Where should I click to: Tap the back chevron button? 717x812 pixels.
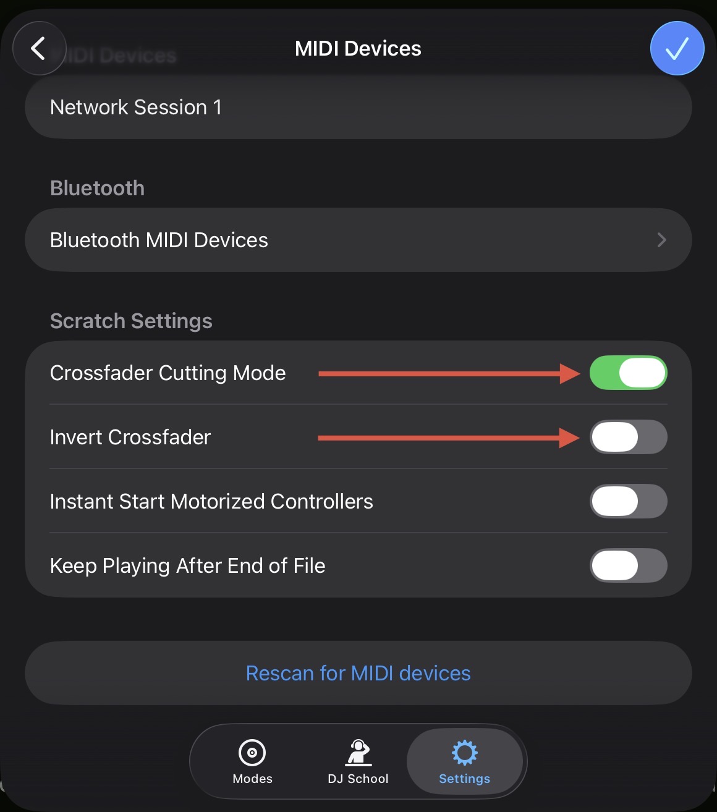[40, 48]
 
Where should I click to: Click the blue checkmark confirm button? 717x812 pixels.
[677, 48]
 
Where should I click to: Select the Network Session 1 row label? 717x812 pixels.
[135, 108]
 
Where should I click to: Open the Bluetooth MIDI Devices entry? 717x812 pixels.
[159, 240]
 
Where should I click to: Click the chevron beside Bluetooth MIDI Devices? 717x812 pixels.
[661, 240]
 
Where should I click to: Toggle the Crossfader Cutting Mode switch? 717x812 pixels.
[629, 373]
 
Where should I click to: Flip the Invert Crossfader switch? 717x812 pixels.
[629, 437]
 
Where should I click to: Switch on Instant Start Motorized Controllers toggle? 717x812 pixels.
[629, 501]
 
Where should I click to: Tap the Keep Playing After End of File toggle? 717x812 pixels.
[629, 565]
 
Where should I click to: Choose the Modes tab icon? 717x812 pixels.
[252, 753]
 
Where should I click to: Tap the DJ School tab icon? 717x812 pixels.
[358, 753]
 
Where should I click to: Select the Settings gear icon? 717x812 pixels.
[464, 753]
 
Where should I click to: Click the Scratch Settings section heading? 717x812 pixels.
[131, 321]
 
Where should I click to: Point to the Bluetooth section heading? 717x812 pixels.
[98, 188]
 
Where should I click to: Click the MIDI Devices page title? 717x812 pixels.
[358, 48]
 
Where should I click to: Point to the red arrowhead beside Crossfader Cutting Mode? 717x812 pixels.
[570, 374]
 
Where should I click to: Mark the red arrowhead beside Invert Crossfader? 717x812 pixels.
[569, 438]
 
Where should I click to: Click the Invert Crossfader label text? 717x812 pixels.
[130, 437]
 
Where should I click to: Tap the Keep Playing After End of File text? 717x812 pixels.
[188, 566]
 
